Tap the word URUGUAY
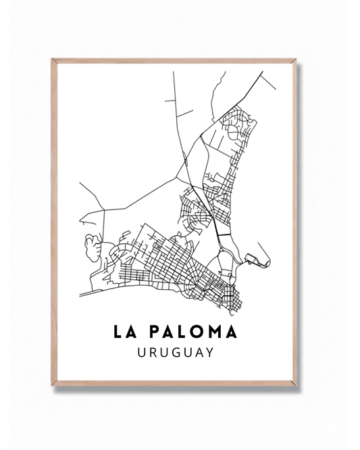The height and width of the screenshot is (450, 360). pos(175,352)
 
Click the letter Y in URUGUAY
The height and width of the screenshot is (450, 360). pos(210,352)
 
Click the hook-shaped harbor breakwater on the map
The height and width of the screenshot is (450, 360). pos(260,259)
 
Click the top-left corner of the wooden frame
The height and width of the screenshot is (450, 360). pos(52,59)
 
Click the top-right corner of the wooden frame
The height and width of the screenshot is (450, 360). pos(298,59)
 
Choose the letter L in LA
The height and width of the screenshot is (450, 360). pos(119,332)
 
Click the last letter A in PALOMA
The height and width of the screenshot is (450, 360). pos(231,332)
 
